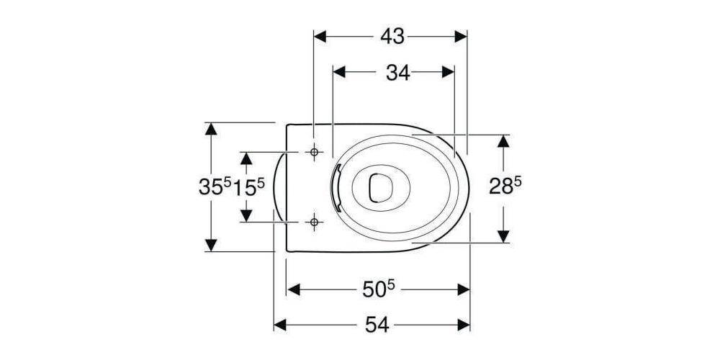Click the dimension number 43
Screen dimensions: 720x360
click(392, 36)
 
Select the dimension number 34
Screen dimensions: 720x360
click(397, 72)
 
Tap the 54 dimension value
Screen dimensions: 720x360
click(377, 325)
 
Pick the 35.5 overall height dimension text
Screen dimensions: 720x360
click(215, 186)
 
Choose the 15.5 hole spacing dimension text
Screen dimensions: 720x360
click(249, 186)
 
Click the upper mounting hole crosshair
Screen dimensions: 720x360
click(314, 152)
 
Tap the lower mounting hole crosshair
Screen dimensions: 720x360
click(314, 222)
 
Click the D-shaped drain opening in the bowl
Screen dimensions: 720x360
click(379, 187)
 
